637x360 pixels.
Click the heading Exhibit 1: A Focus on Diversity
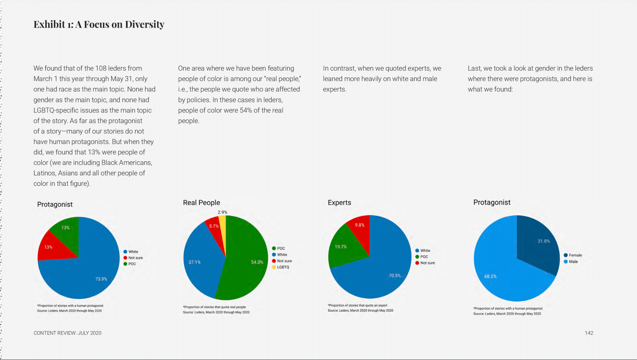[x=99, y=25]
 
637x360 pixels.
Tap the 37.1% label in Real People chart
[x=194, y=262]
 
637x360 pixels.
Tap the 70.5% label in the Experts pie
[x=395, y=276]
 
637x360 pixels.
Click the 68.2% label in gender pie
[x=490, y=276]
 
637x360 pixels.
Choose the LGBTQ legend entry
[x=283, y=267]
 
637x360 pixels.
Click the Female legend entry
[x=575, y=255]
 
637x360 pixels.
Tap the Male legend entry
[x=573, y=262]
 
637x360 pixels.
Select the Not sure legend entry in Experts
[x=427, y=263]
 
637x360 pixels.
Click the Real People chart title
[x=201, y=203]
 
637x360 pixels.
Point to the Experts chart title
[x=339, y=203]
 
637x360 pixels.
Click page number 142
[x=589, y=333]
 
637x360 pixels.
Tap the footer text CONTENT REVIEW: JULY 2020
[x=68, y=333]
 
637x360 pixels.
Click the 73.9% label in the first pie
[x=101, y=279]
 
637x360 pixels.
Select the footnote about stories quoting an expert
[x=358, y=305]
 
